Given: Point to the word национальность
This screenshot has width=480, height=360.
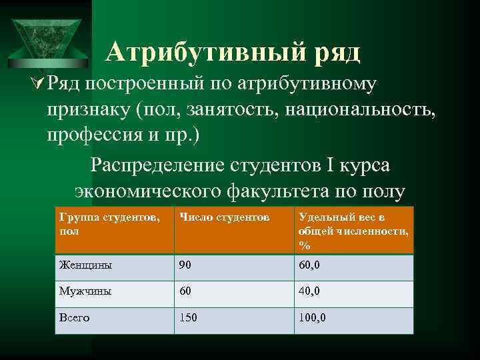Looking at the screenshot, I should point(361,109).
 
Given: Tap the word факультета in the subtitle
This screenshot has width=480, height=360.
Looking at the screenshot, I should point(282,192).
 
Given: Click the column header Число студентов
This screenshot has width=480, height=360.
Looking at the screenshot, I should point(223,218).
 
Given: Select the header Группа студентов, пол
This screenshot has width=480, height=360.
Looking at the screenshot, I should point(109,224).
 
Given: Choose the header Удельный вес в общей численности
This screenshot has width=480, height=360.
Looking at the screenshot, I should point(353,231).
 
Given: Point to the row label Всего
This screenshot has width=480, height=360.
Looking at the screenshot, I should point(74,318).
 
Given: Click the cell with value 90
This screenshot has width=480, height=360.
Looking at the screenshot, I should point(185,265).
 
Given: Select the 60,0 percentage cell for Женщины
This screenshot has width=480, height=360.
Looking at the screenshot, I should point(309,265).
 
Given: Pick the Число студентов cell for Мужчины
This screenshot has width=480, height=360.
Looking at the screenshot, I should point(185,291).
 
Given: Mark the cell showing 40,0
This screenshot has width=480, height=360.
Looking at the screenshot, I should point(309,291).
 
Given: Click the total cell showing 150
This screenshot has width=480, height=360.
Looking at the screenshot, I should point(187,318).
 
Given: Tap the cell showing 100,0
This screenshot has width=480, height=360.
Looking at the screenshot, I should point(313,318).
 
